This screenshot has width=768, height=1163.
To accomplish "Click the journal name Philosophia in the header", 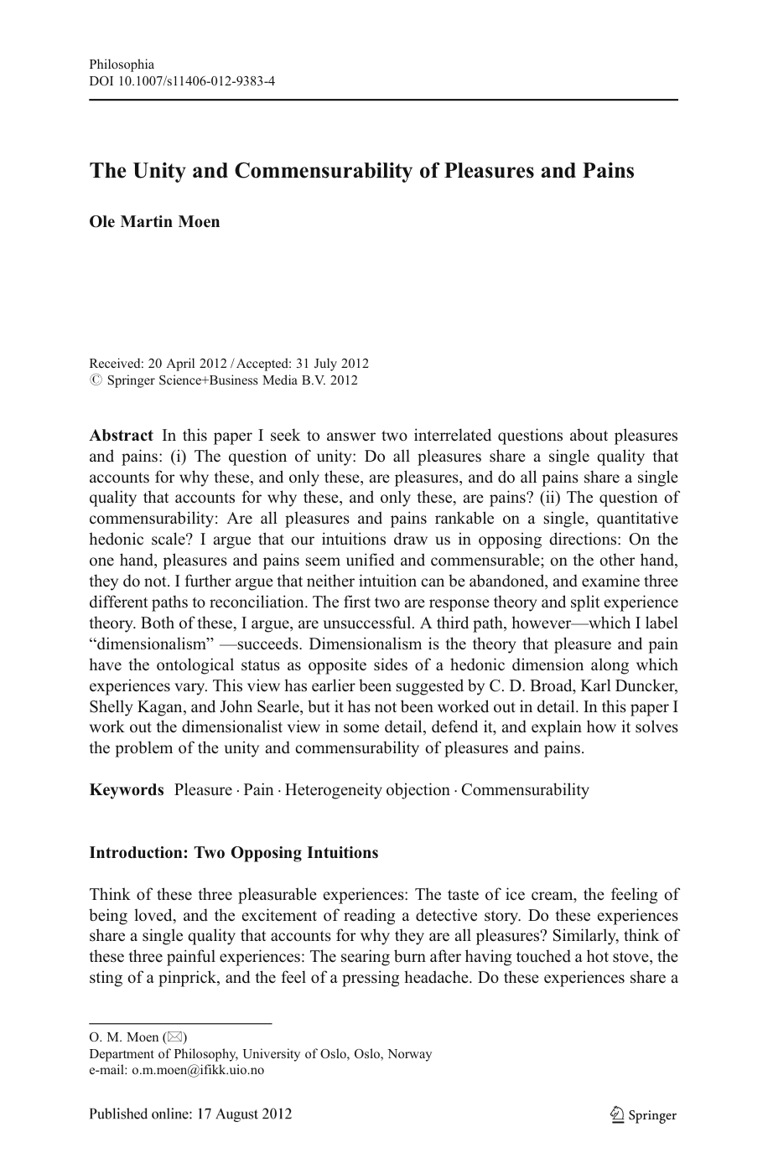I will click(122, 65).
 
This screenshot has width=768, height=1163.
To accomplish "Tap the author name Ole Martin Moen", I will click(154, 221).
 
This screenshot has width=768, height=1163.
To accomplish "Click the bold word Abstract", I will click(121, 436).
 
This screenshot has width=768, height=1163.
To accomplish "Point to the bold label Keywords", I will click(127, 789).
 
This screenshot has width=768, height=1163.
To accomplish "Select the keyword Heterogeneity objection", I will click(367, 789).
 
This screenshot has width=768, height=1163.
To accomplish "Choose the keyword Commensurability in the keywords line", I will click(525, 789).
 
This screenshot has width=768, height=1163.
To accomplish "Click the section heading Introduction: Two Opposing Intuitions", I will click(233, 853).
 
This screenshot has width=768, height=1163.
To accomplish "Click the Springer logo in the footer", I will click(643, 1114).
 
